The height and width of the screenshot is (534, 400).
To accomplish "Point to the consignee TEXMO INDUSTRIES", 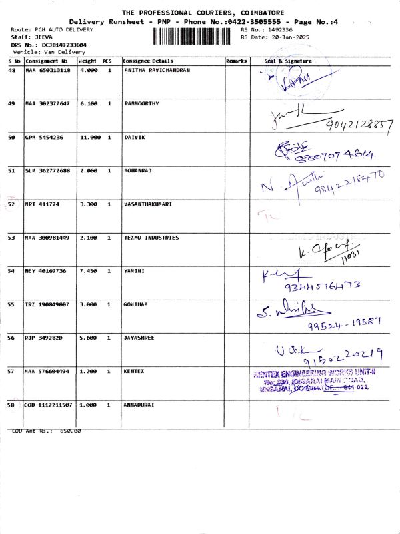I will coord(151,238).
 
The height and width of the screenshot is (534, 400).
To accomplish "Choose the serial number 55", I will coord(11,304).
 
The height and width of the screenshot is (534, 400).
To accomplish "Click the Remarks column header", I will coord(236,61).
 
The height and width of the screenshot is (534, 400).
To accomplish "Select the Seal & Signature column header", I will coord(288,61).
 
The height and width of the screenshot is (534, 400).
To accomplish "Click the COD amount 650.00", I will coord(70,431).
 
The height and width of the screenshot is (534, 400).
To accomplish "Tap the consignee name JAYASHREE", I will coord(139,338).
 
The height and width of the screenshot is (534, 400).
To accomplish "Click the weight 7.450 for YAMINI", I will coord(89,271).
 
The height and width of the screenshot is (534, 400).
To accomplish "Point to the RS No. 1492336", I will coord(280,30).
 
